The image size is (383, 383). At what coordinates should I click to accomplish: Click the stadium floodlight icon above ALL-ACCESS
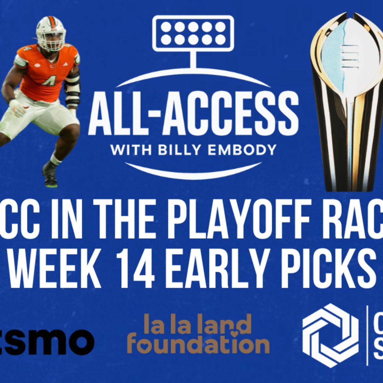point(193,33)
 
